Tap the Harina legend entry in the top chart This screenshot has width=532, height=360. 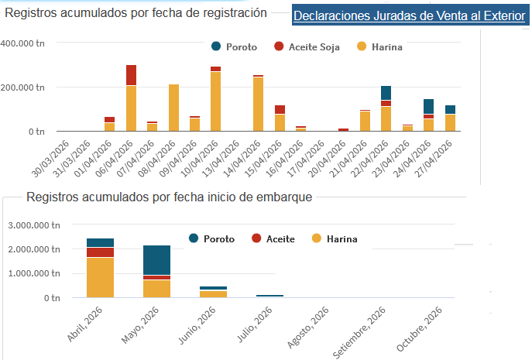pos(379,47)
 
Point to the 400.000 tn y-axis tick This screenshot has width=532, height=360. pos(23,43)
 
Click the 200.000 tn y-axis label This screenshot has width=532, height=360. pos(23,87)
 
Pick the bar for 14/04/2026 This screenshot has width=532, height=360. pos(258,104)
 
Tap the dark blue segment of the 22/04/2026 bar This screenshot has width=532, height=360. pos(386,93)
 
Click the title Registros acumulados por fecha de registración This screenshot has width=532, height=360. pos(135,12)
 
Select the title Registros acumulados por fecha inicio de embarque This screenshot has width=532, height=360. pos(169,197)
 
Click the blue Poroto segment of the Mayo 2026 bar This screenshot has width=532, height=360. pos(157,259)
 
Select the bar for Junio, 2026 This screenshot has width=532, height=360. pos(214,293)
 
